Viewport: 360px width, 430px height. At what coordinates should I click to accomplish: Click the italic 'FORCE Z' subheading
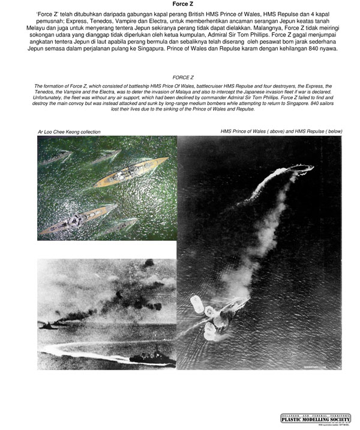coord(182,77)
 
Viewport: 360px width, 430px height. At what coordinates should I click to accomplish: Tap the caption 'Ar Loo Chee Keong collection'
coord(69,132)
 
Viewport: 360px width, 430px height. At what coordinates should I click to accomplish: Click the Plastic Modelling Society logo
coord(316,418)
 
